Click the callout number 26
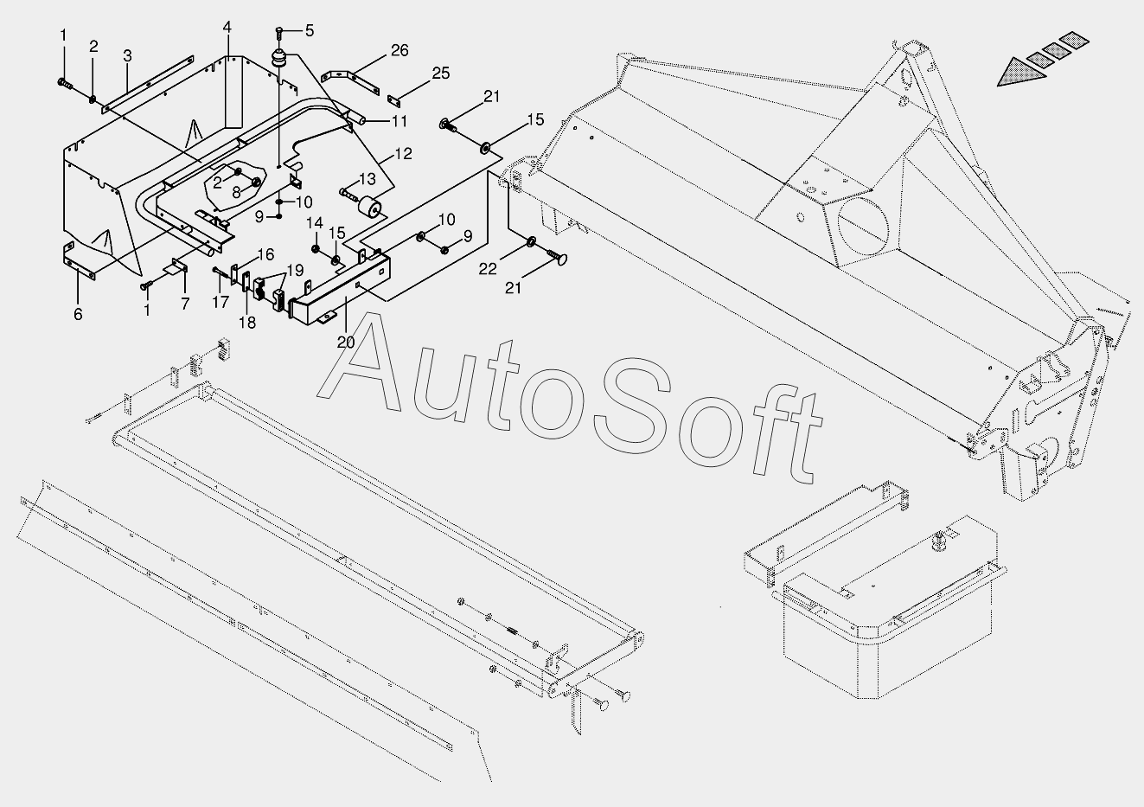click(399, 50)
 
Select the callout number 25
click(441, 74)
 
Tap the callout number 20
click(346, 342)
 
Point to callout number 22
click(488, 269)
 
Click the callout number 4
click(227, 28)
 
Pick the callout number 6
click(78, 314)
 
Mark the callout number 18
click(247, 323)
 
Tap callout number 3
click(127, 56)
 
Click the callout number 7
click(184, 304)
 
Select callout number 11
click(399, 120)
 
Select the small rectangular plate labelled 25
click(399, 98)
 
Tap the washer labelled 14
click(316, 249)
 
